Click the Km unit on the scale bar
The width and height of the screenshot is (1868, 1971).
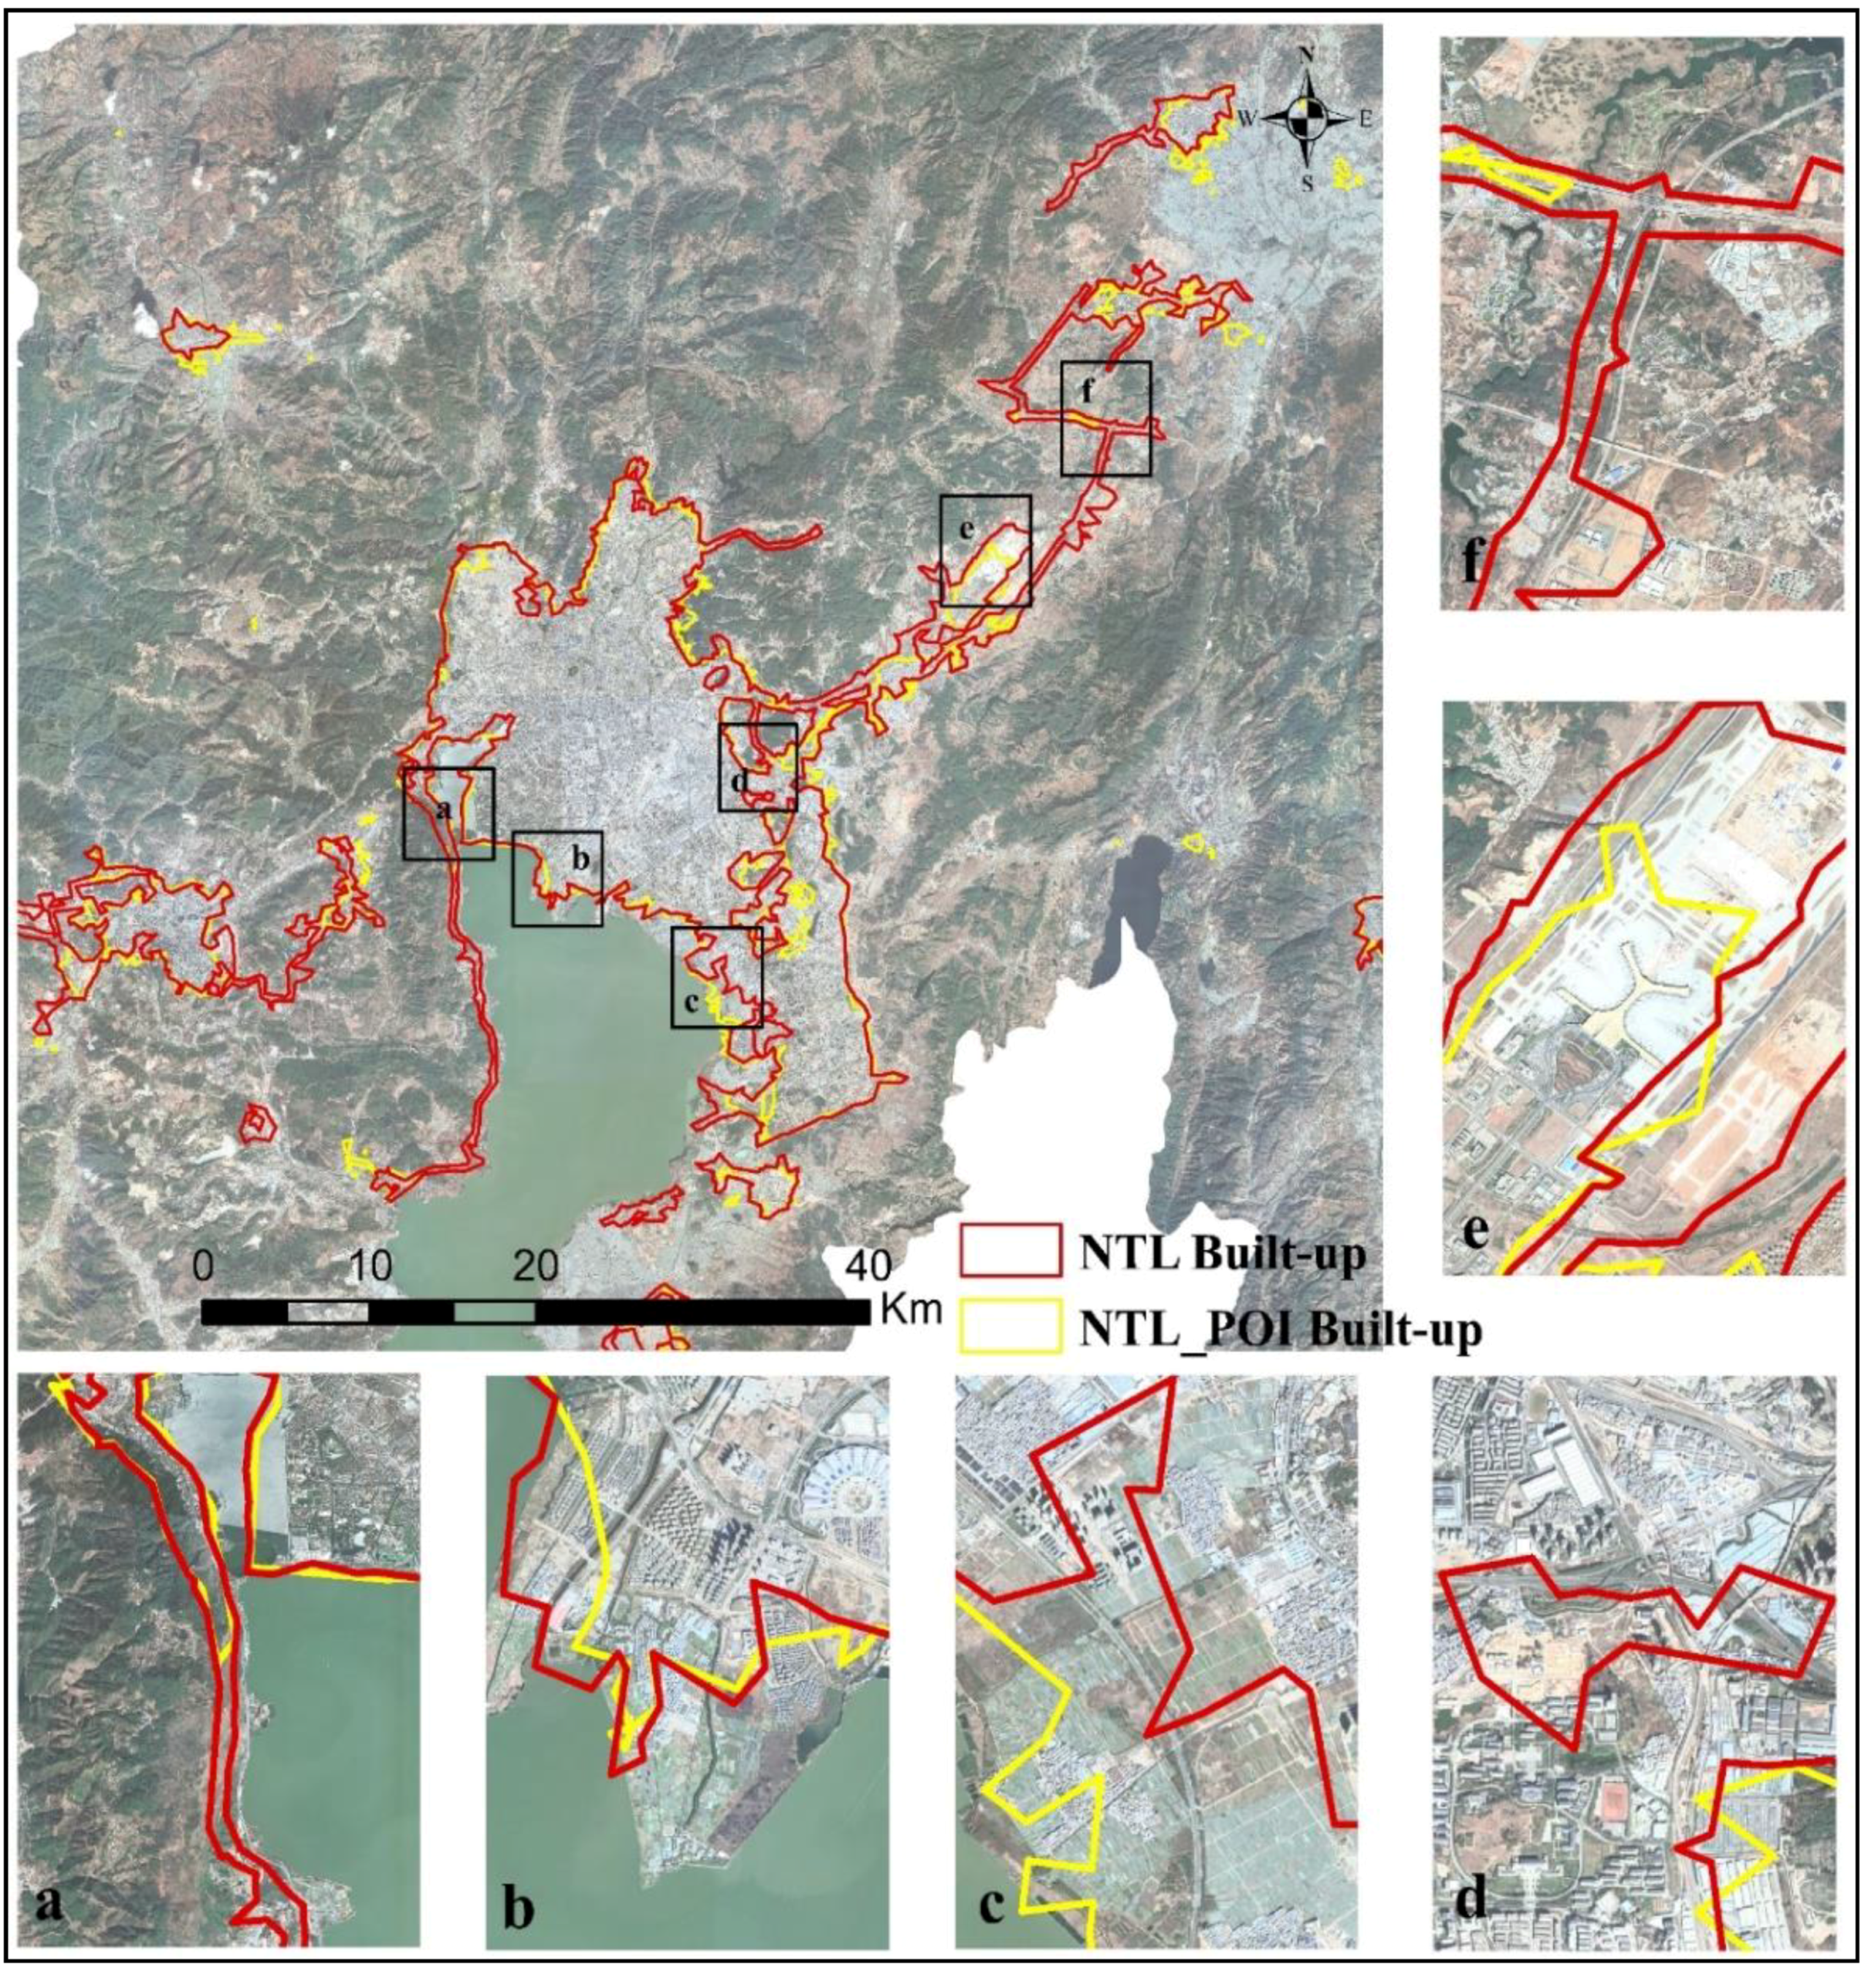(910, 1310)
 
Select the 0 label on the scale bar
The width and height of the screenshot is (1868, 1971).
(203, 1266)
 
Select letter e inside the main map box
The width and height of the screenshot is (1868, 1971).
(965, 530)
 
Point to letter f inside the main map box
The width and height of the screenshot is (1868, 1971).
(1087, 391)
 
